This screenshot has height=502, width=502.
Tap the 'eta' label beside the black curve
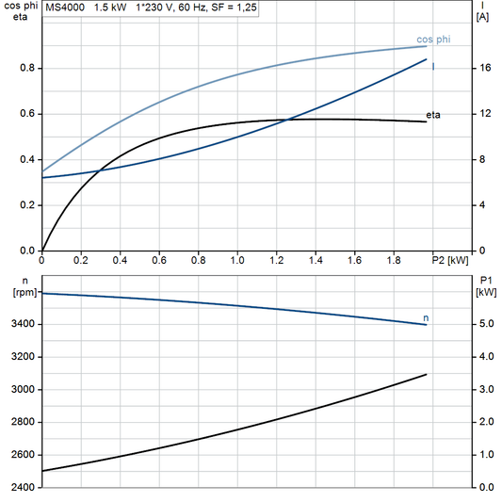[433, 115]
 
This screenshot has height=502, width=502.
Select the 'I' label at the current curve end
[432, 66]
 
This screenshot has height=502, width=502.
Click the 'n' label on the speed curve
[426, 318]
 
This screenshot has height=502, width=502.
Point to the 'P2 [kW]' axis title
[448, 259]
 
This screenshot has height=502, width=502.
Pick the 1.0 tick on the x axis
[237, 259]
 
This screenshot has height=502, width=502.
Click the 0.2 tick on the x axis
[81, 259]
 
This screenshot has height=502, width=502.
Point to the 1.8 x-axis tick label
[394, 259]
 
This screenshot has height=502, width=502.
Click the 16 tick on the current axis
[484, 69]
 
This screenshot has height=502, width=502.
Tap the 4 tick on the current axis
[481, 205]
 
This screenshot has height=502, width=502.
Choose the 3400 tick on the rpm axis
[24, 325]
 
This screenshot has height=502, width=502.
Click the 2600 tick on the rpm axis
[24, 455]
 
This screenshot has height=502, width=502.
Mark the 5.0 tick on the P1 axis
[485, 325]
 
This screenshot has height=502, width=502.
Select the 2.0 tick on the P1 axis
[485, 423]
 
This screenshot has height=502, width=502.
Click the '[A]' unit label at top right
[482, 17]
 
